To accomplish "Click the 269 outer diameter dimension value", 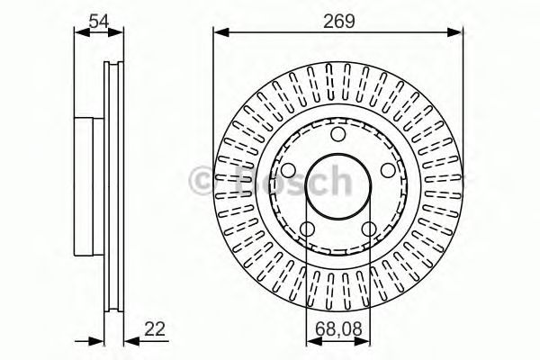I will point(338,19).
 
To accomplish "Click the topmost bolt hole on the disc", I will point(338,135).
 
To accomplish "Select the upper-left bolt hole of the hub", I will point(288,171).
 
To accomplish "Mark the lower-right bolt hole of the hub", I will point(369,229).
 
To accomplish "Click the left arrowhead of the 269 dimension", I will point(220,33).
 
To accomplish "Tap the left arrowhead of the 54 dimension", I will point(77,33).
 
